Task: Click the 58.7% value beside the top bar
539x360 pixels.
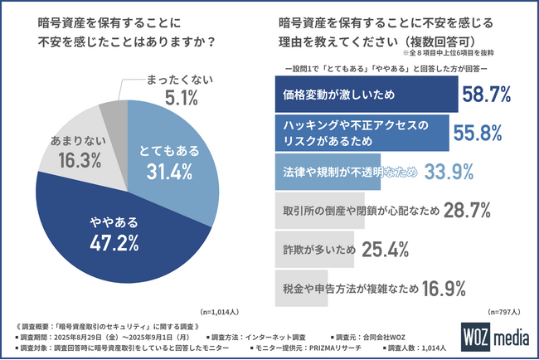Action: click(485, 96)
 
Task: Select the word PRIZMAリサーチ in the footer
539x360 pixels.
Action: click(399, 348)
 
